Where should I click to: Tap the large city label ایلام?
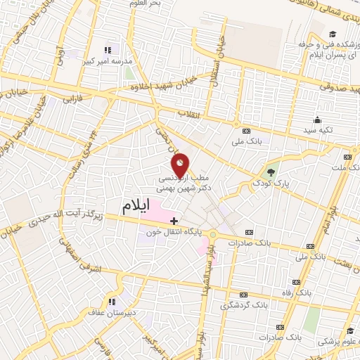pyautogui.click(x=136, y=207)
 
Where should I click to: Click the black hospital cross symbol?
pyautogui.click(x=174, y=221)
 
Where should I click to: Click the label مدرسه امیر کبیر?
pyautogui.click(x=108, y=61)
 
